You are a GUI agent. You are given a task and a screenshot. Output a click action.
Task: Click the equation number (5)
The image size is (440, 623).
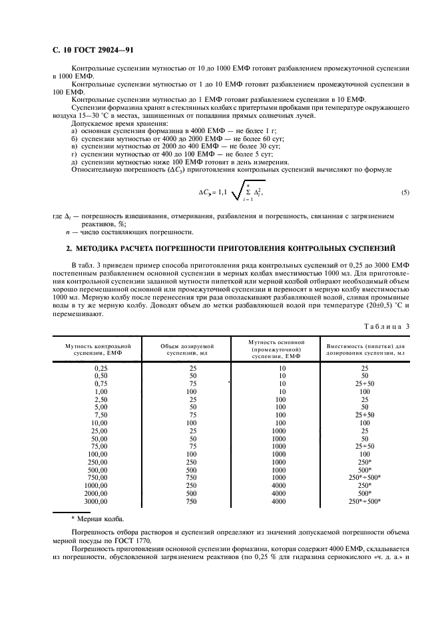[x=405, y=192]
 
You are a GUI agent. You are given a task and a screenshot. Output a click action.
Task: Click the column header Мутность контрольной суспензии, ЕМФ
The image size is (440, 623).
[x=98, y=350]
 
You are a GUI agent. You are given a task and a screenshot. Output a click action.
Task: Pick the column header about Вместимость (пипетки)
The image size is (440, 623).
[x=365, y=350]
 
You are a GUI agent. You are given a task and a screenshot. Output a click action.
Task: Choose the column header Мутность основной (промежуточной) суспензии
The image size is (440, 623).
[x=272, y=350]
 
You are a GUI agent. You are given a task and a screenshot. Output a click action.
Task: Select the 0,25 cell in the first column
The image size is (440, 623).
[x=101, y=367]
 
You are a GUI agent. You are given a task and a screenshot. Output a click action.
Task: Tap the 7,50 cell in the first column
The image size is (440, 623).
[x=101, y=415]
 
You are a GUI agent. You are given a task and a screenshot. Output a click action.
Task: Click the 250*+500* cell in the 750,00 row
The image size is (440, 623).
[x=365, y=477]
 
